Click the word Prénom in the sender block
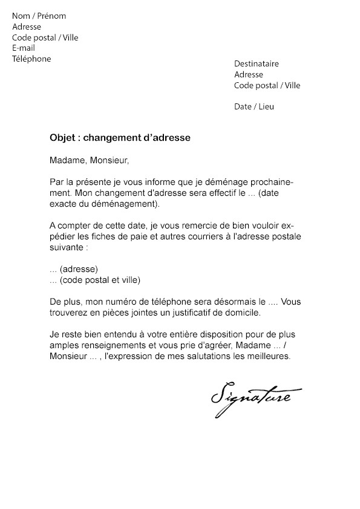click(51, 16)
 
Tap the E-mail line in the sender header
click(24, 48)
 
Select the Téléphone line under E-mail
click(31, 59)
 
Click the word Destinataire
click(257, 64)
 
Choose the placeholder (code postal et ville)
click(100, 280)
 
